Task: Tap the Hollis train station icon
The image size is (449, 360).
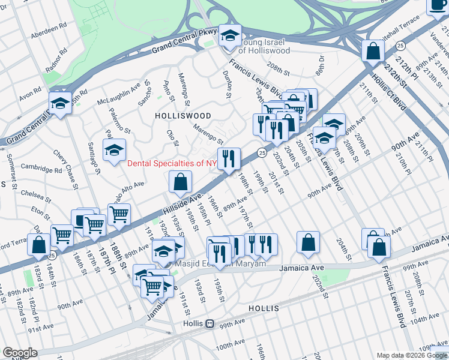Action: coord(210,323)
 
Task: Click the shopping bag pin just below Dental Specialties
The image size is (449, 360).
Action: coord(180,182)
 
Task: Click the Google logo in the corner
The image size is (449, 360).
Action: coord(20,353)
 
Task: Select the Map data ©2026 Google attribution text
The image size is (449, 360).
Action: coord(411,355)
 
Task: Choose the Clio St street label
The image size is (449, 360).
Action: coord(172,138)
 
